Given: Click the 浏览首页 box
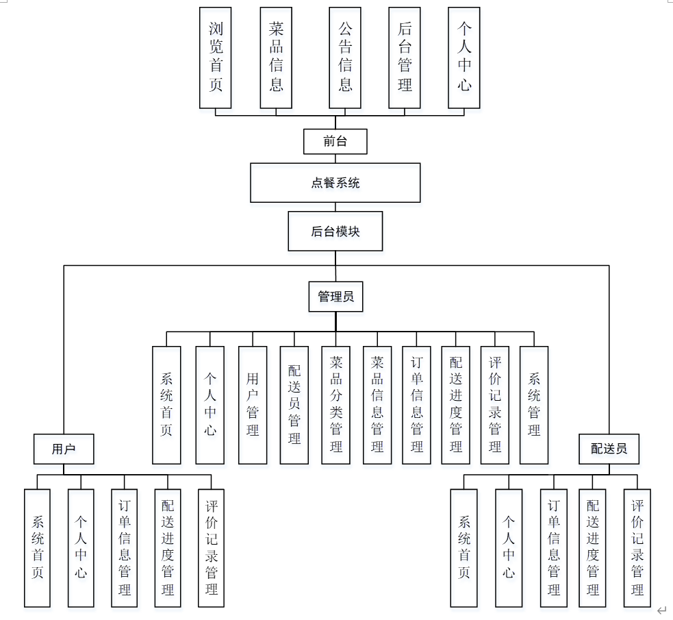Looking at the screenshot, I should (215, 58).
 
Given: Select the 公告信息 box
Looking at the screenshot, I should (345, 58).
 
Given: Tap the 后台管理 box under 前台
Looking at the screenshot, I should (404, 58).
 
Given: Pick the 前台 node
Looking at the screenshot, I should (335, 142).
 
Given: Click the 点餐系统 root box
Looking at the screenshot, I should (335, 183).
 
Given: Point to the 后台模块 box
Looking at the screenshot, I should (335, 231).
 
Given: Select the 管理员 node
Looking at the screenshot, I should (335, 297).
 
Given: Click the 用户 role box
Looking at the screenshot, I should (64, 449).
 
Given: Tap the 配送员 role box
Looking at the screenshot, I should (609, 449).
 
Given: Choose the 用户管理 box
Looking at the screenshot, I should (253, 405).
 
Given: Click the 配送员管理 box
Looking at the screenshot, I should (294, 405).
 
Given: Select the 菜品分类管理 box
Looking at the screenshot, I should (335, 405).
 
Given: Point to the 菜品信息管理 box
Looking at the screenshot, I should (377, 405).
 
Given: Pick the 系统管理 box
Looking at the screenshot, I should (534, 405).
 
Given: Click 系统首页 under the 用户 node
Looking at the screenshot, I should (37, 547).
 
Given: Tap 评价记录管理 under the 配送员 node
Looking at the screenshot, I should (637, 547).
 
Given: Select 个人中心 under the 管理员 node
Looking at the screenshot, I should (210, 405).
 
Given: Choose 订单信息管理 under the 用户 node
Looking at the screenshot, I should (125, 547).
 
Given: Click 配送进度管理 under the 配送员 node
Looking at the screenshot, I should (593, 547).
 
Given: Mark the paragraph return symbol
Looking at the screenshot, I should (661, 610).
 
